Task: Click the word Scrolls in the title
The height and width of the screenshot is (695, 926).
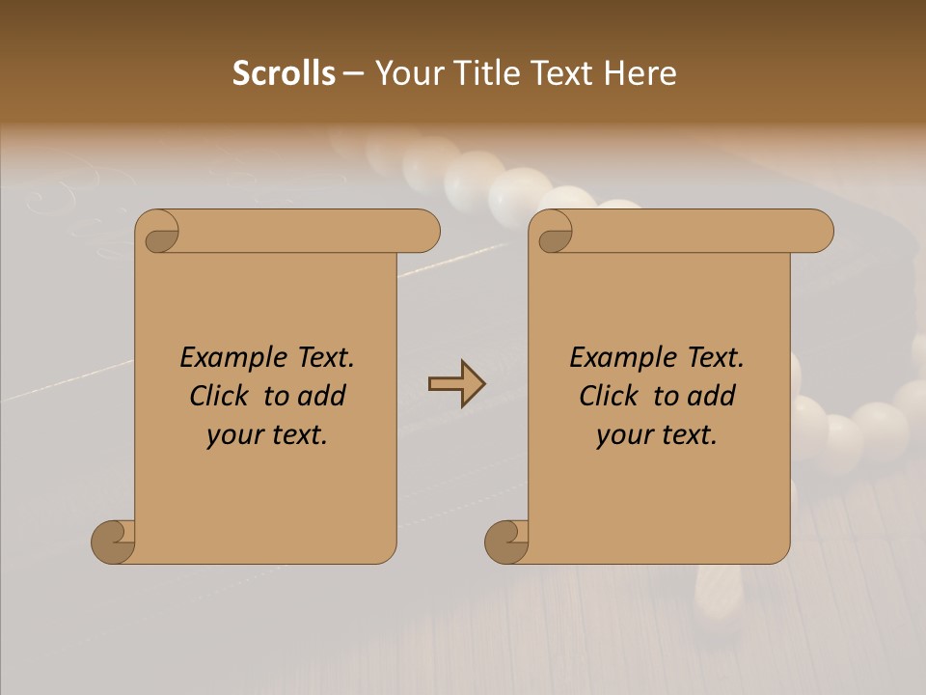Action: [x=284, y=73]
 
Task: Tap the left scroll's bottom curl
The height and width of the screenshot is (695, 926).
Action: [x=114, y=541]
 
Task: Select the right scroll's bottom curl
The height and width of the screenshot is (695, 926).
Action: [x=506, y=541]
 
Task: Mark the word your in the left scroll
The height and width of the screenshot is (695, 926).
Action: [x=233, y=435]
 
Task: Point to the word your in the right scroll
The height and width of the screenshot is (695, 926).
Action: [x=623, y=435]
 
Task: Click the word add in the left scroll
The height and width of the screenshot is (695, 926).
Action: [x=322, y=396]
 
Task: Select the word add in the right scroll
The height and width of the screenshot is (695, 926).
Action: [x=712, y=396]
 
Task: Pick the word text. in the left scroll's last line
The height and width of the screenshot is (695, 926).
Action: [x=298, y=435]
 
